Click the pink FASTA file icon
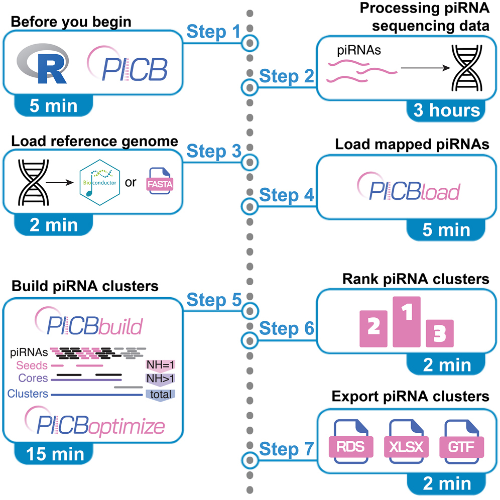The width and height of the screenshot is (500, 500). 159,182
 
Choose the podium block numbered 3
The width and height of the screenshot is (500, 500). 439,333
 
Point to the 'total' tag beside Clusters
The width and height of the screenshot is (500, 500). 160,394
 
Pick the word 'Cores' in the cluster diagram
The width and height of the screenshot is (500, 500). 32,378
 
